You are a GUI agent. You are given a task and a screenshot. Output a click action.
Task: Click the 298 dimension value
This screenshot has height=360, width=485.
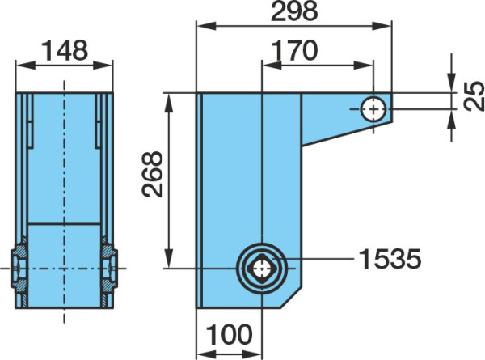point(294,11)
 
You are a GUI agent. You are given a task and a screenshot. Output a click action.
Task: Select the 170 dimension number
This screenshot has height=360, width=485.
point(294,51)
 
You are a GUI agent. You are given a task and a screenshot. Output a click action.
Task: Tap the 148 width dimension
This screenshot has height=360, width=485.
point(65,50)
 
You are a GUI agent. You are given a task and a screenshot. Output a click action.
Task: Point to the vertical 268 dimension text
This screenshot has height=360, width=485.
point(152,174)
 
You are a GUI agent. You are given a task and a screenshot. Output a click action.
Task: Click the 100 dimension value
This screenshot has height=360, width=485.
point(229,335)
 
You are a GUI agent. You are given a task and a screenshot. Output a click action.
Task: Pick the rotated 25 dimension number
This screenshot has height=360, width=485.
point(474,95)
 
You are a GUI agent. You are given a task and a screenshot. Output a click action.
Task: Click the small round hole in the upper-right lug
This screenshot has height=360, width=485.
point(373,109)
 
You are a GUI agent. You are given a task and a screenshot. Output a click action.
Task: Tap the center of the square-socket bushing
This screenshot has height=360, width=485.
point(262,269)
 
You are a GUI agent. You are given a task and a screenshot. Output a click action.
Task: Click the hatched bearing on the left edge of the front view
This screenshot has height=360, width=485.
point(19,269)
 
